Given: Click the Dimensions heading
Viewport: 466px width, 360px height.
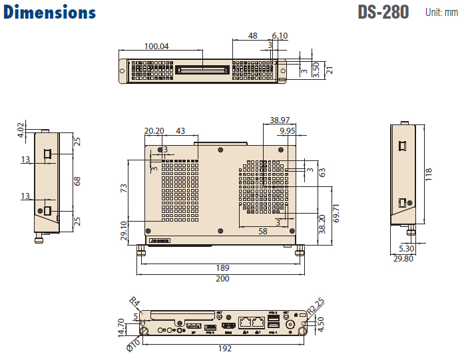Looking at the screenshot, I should tap(50, 13).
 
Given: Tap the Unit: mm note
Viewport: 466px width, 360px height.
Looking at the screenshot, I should tap(443, 13).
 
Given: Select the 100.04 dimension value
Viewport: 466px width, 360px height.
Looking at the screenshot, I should tap(156, 46).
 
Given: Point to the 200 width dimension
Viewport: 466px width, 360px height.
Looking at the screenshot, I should tap(222, 278).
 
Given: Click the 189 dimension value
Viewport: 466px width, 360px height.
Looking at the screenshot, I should tap(222, 268).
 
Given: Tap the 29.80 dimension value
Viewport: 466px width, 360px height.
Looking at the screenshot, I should tap(403, 259).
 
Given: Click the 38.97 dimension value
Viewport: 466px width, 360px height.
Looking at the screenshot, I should tap(280, 120).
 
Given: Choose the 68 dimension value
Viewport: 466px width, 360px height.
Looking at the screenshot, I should tap(77, 181).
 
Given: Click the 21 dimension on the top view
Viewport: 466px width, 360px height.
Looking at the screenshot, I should tap(329, 69).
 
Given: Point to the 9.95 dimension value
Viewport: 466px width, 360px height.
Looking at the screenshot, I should tap(288, 131).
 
